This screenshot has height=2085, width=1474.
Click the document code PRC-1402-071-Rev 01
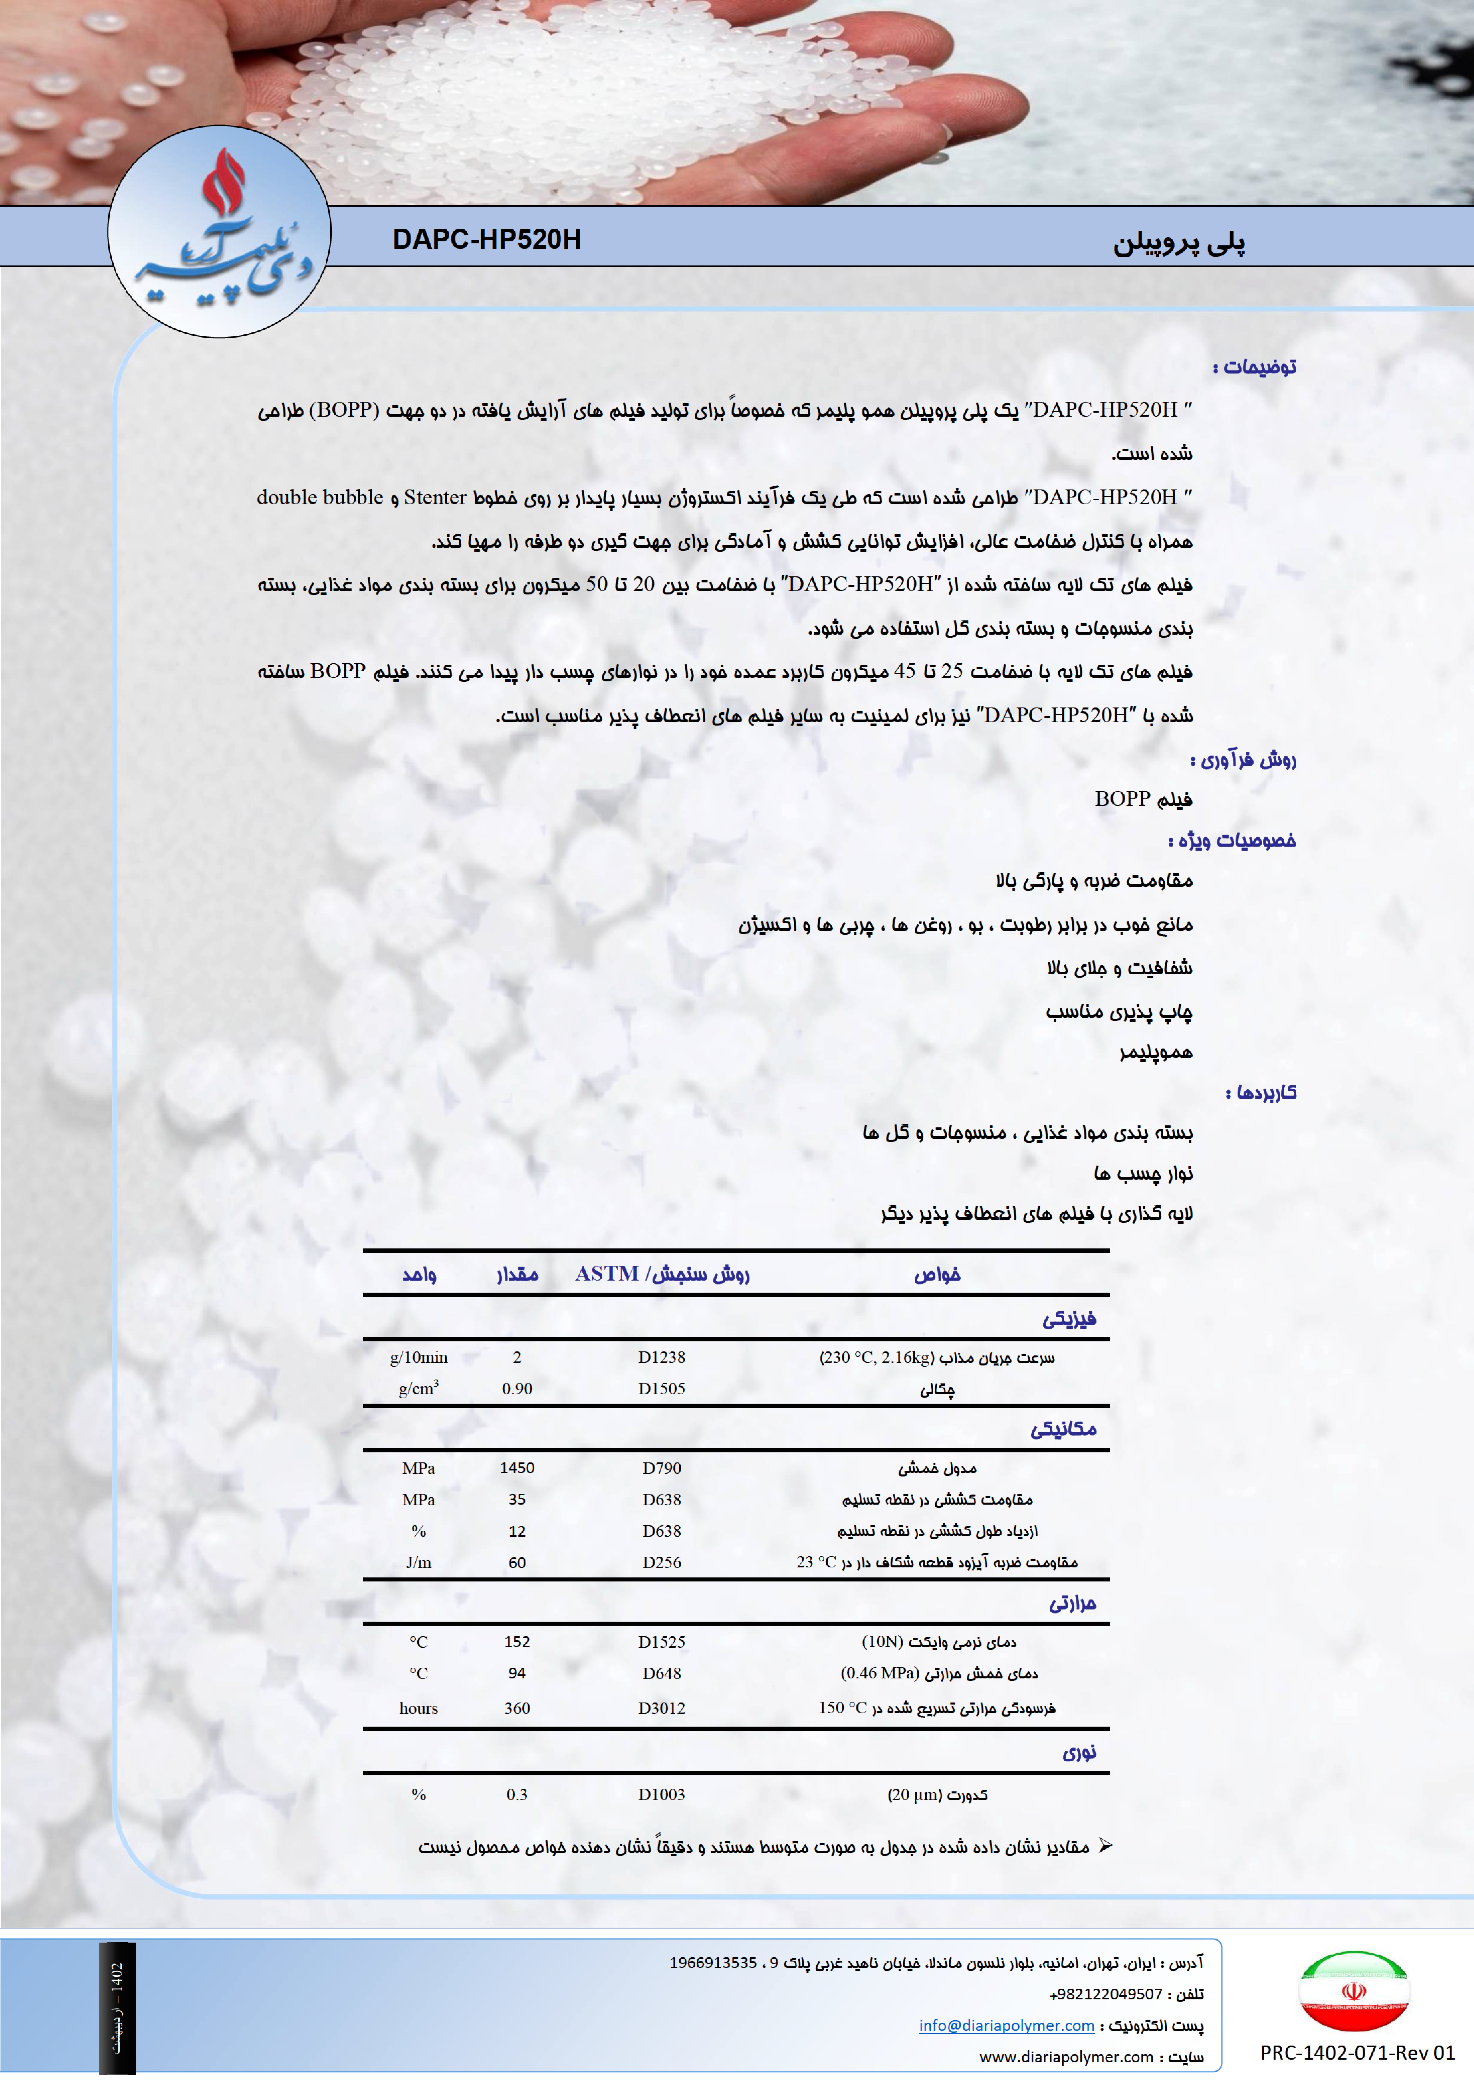[x=1357, y=2052]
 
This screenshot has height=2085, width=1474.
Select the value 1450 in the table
[x=517, y=1468]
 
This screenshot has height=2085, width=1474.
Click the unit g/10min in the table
[x=419, y=1358]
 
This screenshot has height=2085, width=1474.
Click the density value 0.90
[x=517, y=1388]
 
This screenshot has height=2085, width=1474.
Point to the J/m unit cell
[x=419, y=1563]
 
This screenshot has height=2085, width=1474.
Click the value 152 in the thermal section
[x=517, y=1642]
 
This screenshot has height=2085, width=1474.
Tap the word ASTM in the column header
[x=607, y=1274]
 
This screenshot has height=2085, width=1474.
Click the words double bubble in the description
[x=320, y=498]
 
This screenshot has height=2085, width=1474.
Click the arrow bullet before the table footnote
[x=1105, y=1846]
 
